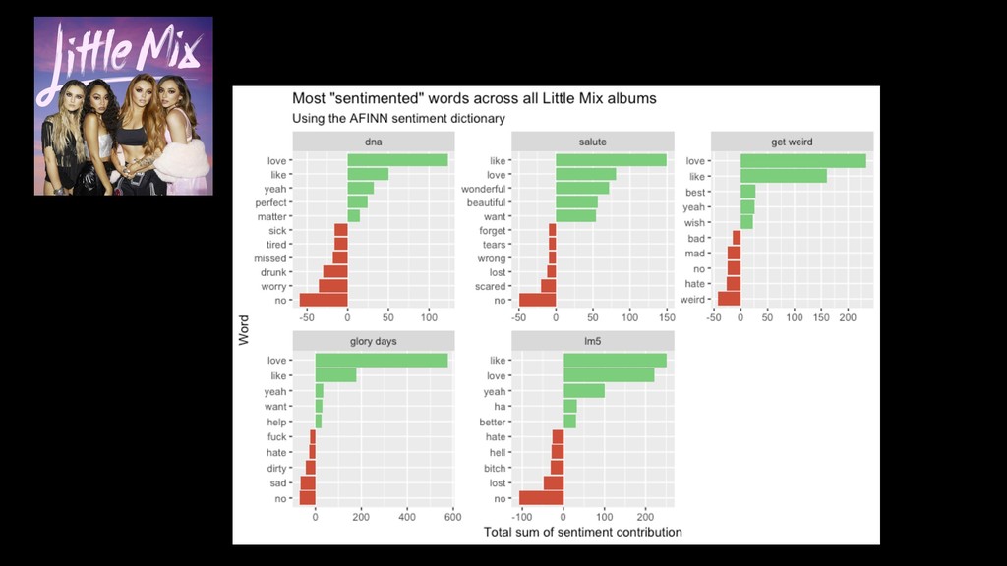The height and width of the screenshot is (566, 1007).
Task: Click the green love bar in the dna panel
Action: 397,160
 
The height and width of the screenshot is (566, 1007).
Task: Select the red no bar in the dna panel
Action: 324,300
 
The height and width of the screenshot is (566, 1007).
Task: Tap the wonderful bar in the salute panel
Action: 582,188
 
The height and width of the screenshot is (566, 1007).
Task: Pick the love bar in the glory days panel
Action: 382,361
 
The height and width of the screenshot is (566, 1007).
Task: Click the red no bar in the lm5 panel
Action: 541,498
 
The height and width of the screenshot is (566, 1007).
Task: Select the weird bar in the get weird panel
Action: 729,298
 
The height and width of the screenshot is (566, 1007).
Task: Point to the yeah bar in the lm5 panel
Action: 584,391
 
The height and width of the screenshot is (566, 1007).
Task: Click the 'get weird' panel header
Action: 792,141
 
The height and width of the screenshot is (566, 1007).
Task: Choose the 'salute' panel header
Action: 593,141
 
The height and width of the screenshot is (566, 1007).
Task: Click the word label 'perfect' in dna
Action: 270,202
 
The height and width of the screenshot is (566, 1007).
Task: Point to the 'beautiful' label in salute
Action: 486,202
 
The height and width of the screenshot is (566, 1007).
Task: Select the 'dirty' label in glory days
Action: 276,468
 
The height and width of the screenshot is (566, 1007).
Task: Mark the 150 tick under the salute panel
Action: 667,317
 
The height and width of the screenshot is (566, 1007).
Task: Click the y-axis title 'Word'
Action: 243,329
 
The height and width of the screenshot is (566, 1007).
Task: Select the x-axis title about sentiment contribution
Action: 583,533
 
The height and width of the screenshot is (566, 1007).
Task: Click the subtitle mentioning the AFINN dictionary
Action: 398,119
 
